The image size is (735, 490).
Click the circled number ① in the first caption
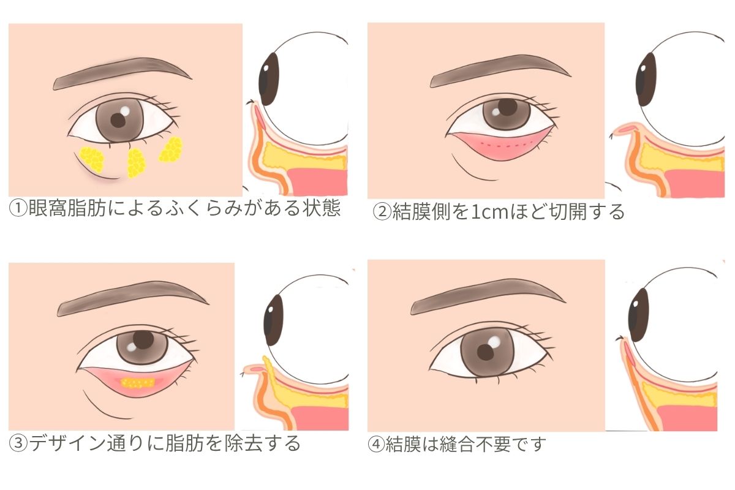pos(18,209)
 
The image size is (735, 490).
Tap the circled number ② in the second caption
pos(382,213)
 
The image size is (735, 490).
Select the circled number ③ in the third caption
pos(18,443)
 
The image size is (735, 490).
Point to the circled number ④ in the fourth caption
pos(376,444)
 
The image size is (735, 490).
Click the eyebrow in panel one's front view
pos(122,73)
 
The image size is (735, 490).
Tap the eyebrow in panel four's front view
pos(488,296)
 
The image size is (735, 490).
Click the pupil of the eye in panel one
pos(118,121)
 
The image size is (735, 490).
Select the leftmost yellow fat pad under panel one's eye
pos(92,159)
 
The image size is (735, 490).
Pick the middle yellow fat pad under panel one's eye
pos(136,163)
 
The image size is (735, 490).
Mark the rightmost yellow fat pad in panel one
pos(171,149)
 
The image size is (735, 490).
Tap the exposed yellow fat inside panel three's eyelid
pos(138,383)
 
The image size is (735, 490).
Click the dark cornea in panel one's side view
pos(268,79)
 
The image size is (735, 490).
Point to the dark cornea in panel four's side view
pos(638,315)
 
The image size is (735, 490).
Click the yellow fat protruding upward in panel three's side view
pos(268,365)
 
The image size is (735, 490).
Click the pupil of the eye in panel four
pos(485,352)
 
